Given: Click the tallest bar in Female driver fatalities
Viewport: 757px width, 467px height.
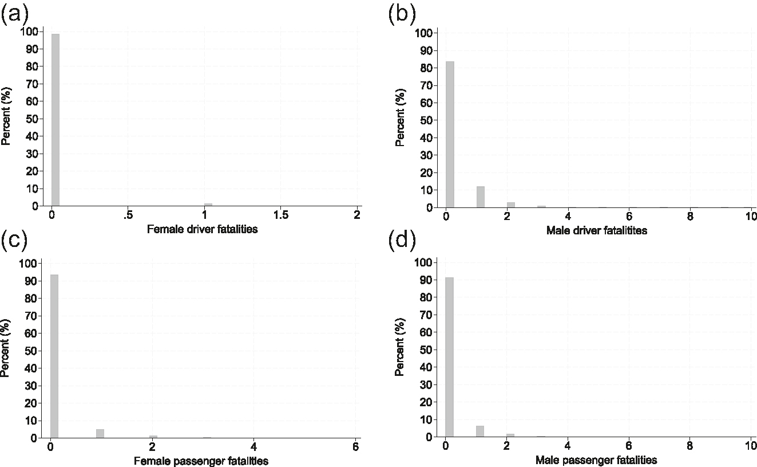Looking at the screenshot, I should (x=56, y=120).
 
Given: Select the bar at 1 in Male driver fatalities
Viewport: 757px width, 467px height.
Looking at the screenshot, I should (x=481, y=197).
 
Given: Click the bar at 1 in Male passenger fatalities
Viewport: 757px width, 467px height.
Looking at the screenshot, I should (x=480, y=431).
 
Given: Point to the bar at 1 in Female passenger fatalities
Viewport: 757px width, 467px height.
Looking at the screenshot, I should (x=100, y=434).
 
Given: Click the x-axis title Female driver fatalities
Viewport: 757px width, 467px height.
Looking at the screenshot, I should (x=203, y=230).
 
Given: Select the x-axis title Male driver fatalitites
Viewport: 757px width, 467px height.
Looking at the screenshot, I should (x=596, y=231).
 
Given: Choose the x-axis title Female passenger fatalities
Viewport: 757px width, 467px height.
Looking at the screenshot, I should (x=201, y=461).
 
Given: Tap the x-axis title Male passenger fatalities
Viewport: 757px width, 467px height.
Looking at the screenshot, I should (x=596, y=460).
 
